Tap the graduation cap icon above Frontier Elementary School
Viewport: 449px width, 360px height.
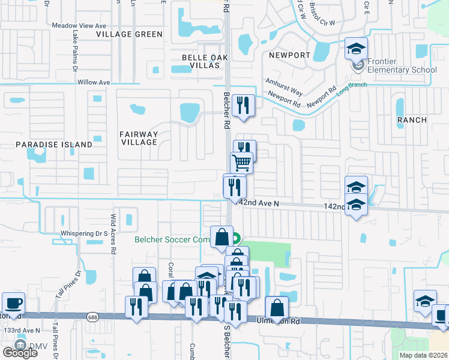[x=356, y=49]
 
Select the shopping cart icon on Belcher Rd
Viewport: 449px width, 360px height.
[x=241, y=162]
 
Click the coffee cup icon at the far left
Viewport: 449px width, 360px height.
[x=13, y=303]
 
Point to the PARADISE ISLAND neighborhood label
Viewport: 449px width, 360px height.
[x=54, y=145]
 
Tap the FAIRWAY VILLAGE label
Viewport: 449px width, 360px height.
[x=138, y=138]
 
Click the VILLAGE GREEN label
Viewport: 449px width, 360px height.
[x=129, y=34]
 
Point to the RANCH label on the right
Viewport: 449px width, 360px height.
[x=412, y=120]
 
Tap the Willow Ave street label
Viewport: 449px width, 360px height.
[x=94, y=82]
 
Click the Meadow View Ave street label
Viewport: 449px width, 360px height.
[x=79, y=26]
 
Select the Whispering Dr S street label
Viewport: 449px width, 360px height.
[x=83, y=233]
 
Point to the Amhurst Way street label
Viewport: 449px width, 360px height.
[x=285, y=90]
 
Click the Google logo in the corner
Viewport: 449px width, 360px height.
[x=20, y=352]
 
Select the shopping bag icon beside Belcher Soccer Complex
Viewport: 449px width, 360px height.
[x=221, y=236]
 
